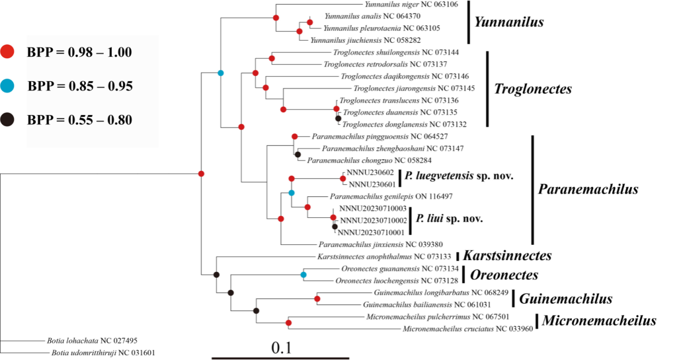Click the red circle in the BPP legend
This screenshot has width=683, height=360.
point(7,52)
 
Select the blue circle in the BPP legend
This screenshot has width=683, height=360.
point(7,85)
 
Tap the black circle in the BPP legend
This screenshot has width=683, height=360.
point(7,119)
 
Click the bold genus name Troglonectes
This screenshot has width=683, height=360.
point(533,89)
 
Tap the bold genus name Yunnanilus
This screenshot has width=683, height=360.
point(508,22)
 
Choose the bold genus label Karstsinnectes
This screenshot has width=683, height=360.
point(507,256)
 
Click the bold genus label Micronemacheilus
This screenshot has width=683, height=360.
point(599,321)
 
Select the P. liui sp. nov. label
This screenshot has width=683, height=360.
point(449,219)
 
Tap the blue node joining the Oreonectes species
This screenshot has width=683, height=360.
point(304,275)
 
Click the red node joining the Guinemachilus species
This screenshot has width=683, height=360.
point(317,298)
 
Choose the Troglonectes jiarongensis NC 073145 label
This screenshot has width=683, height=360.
point(414,88)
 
